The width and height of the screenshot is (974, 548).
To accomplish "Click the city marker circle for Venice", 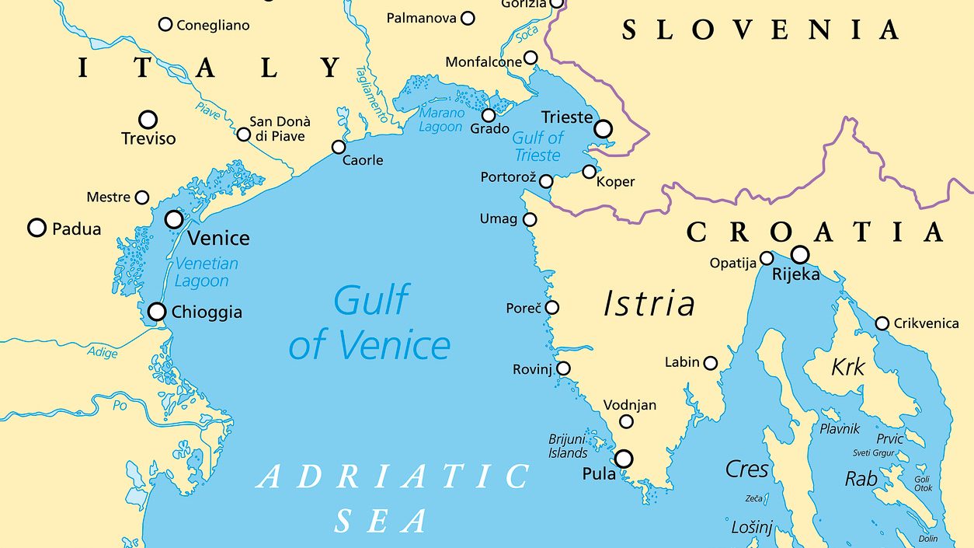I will [x=174, y=219].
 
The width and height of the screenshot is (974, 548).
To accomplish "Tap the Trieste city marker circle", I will [x=603, y=128].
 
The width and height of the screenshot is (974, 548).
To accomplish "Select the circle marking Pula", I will [x=624, y=459].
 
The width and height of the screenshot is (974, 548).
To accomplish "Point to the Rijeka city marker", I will [x=799, y=254].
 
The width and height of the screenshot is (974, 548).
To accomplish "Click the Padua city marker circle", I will [x=37, y=228].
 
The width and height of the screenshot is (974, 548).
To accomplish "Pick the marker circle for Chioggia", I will [x=157, y=312].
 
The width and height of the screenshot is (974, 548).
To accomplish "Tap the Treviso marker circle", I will [x=148, y=120].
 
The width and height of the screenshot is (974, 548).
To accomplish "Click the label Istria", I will [x=649, y=304].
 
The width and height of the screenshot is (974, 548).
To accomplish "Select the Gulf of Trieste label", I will [x=537, y=146].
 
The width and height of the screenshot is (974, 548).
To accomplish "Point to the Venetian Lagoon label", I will [x=206, y=272].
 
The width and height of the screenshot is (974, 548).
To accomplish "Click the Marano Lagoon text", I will [x=441, y=120].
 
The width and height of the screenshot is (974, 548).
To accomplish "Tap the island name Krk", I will [x=847, y=367].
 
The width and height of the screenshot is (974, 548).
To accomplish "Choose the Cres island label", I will [x=746, y=469].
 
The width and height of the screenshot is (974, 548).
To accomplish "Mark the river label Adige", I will [x=103, y=353].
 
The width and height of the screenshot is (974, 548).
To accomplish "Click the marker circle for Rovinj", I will [x=563, y=368].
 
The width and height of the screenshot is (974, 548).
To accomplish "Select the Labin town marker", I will [x=710, y=362].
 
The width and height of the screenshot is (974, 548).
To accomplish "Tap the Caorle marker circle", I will [x=339, y=147].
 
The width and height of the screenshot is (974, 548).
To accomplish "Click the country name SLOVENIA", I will [x=760, y=30].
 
